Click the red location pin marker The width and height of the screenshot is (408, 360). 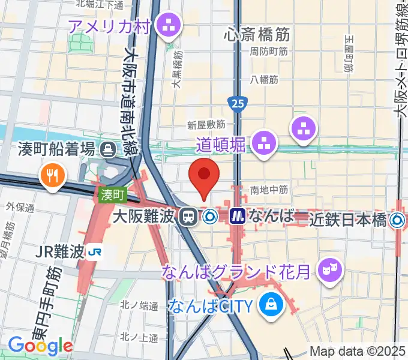point(204,175)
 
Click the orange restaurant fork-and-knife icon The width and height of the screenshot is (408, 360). point(49,175)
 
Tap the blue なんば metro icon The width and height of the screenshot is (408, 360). point(238,216)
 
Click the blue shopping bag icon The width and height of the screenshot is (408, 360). point(271,305)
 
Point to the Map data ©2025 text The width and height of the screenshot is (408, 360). point(358,352)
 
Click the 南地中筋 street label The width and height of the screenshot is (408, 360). point(269,190)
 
